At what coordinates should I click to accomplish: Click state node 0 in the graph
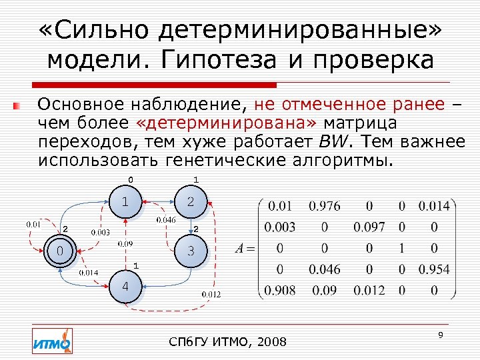(x=61, y=252)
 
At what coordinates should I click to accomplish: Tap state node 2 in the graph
(x=190, y=201)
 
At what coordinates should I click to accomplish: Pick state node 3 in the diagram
(x=190, y=252)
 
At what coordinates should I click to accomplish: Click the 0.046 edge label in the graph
(x=165, y=219)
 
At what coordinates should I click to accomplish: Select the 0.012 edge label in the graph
(x=211, y=294)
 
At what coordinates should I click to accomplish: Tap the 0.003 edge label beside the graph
(x=100, y=233)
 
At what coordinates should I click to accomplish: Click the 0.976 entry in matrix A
(x=325, y=205)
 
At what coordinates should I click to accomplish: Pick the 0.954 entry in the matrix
(x=433, y=269)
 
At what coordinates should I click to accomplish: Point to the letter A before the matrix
(x=240, y=249)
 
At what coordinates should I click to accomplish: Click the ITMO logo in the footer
(x=52, y=341)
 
